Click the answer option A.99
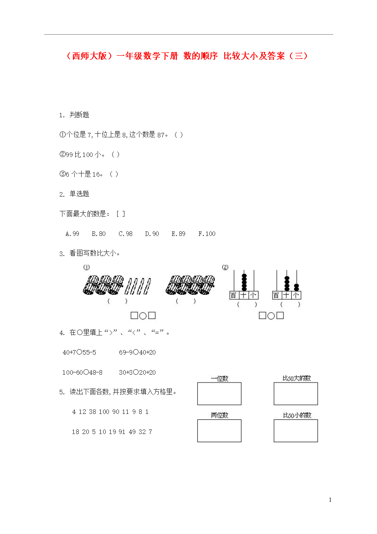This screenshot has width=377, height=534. (x=72, y=234)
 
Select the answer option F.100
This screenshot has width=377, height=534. (x=207, y=234)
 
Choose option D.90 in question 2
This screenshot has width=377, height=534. (x=152, y=234)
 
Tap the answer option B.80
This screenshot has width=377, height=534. (x=98, y=234)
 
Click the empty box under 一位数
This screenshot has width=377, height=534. (x=219, y=383)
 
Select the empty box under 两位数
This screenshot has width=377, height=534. (x=219, y=420)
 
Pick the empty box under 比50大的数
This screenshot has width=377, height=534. (x=296, y=383)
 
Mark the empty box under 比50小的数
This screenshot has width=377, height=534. (x=296, y=420)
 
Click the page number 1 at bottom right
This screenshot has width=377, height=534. (x=330, y=500)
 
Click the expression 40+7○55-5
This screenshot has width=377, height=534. (x=79, y=352)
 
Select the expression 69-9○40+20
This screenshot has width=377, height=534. (x=138, y=352)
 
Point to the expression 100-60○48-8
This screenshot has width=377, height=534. (x=83, y=372)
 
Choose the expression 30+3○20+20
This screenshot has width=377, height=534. (x=138, y=372)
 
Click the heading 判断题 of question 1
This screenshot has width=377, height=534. (x=79, y=115)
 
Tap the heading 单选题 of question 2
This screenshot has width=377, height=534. (x=79, y=194)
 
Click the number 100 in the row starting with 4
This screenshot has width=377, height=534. (x=104, y=412)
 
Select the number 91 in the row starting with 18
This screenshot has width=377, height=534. (x=122, y=432)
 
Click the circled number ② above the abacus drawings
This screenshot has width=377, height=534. (x=225, y=267)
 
